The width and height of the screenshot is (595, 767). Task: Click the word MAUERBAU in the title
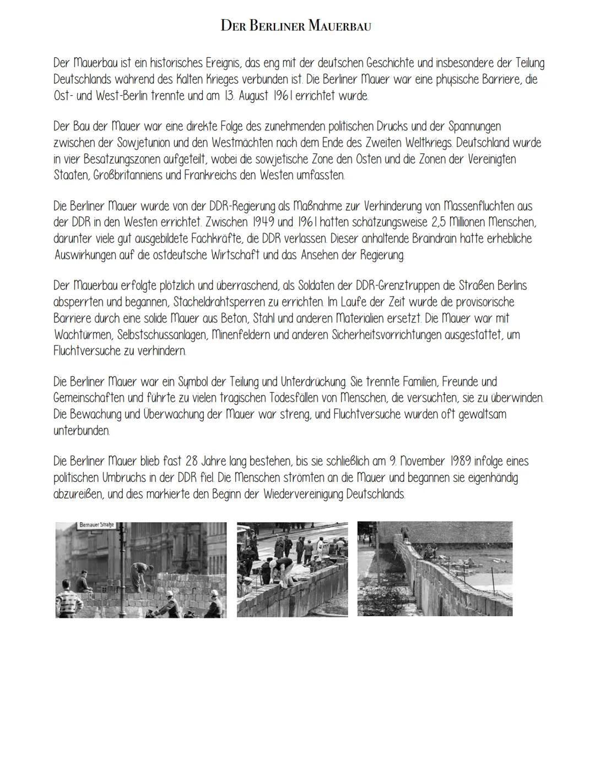point(339,26)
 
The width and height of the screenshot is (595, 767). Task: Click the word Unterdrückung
point(313,381)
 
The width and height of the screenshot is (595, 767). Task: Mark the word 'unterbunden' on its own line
point(81,431)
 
